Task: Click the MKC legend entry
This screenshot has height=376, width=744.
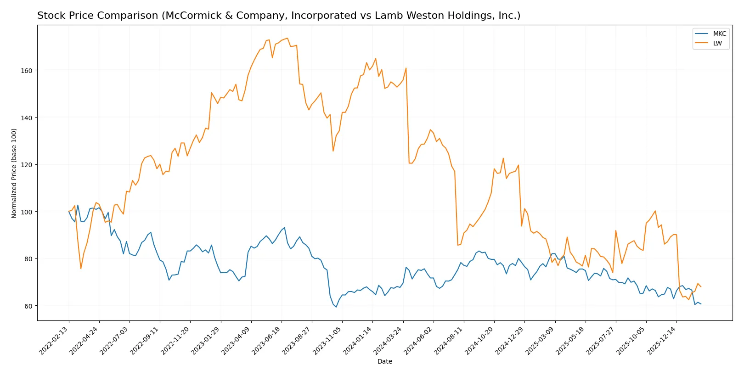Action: pos(719,34)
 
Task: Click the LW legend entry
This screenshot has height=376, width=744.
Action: pos(717,44)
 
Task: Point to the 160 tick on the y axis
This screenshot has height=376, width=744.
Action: pos(27,71)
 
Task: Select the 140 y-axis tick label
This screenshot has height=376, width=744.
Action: pos(27,118)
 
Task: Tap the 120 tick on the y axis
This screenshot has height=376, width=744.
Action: pos(27,165)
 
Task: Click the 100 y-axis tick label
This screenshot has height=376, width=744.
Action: pos(27,212)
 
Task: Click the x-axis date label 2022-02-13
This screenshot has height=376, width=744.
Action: pos(54,340)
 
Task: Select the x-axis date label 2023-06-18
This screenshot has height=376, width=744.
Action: pos(266,340)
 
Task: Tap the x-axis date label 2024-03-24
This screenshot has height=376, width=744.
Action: pos(388,340)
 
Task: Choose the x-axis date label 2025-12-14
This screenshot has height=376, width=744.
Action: pos(661,340)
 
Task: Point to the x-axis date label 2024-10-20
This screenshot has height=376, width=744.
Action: pos(479,340)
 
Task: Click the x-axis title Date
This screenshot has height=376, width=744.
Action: pos(384,362)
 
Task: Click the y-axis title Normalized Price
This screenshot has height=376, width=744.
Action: pos(14,173)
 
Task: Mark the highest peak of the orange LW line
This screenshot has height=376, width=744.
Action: pos(287,38)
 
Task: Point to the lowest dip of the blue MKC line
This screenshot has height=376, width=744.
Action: pos(336,307)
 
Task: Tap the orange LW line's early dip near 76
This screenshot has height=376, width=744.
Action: pos(81,269)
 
